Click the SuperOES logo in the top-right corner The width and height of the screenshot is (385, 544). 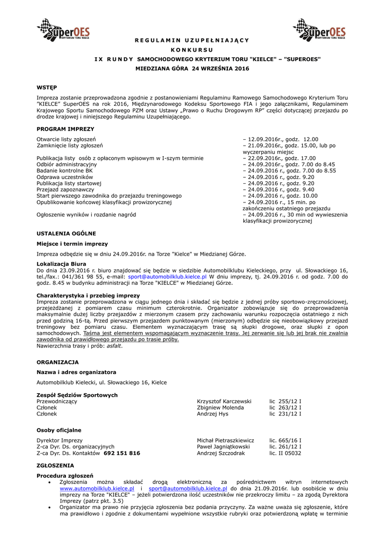coord(319,30)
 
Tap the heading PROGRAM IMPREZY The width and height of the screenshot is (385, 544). coord(65,129)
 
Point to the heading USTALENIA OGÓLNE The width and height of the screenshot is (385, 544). coord(66,233)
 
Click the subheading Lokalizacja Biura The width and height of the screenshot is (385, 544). coord(61,263)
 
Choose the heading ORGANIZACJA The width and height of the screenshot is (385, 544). coord(57,362)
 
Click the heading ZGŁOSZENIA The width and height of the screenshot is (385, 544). coord(55,465)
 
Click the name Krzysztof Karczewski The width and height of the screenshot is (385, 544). coord(224,401)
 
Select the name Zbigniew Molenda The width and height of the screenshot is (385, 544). coord(220,407)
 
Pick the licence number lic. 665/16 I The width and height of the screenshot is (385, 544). coord(285,440)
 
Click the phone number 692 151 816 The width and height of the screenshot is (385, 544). coord(122,453)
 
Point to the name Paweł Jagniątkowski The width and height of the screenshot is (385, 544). coord(223,447)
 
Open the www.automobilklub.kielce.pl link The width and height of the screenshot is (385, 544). coord(97,488)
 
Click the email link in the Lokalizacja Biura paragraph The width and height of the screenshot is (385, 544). coord(167,277)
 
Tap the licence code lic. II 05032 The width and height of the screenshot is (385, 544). coord(285,453)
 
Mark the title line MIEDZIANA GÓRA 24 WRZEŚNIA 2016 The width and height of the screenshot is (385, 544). coord(192,69)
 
